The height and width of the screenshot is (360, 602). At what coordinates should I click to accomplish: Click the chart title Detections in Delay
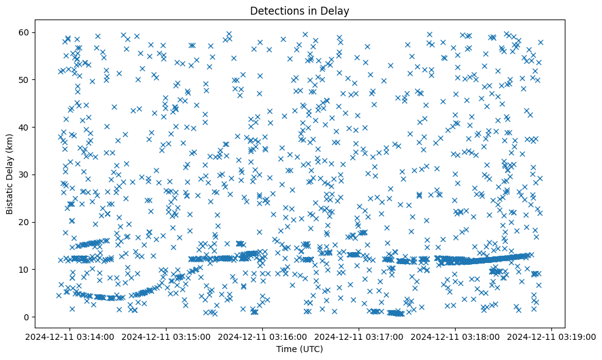point(300,11)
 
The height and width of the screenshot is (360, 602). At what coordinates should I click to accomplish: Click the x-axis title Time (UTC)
point(300,350)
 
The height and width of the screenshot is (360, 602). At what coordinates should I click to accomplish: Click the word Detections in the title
point(274,11)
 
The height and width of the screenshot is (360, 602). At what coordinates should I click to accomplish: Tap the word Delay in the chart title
point(337,11)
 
